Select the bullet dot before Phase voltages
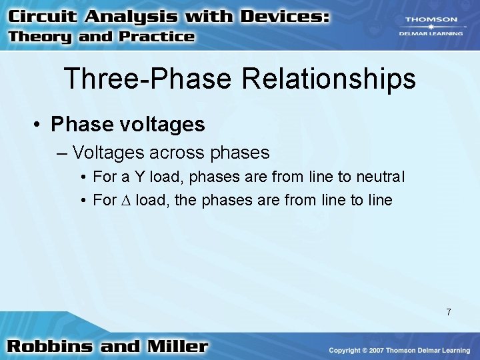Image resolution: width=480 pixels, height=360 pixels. click(39, 125)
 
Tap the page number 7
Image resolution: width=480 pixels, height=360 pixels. click(449, 312)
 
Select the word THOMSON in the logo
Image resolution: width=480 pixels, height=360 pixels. click(431, 19)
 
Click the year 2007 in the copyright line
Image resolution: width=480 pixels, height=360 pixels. click(380, 350)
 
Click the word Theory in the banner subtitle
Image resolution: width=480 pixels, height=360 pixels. click(41, 36)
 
